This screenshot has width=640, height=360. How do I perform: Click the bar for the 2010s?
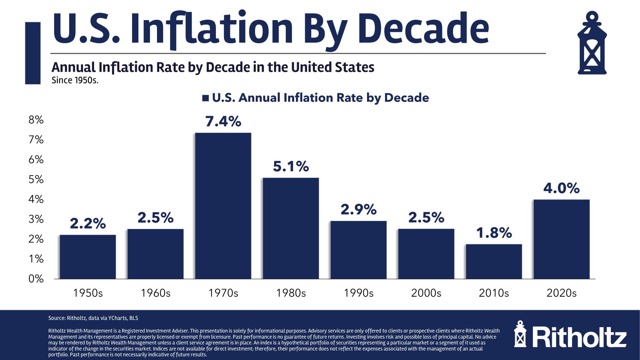point(494,261)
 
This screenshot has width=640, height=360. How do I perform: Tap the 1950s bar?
point(88,256)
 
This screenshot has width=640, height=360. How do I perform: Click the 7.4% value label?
point(223,121)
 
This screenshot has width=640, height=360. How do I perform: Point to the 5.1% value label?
point(291,166)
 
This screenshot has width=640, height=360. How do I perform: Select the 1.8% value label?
point(494,233)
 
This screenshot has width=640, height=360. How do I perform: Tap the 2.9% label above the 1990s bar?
point(359,209)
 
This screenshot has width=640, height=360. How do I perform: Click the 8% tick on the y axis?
point(36,120)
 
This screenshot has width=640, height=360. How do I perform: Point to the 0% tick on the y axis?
point(36,279)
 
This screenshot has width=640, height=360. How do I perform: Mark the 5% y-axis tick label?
point(36,179)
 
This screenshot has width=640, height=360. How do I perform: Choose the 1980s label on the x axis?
point(291,293)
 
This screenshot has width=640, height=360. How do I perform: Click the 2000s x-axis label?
point(426,293)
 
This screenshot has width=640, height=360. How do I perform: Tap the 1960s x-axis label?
point(156,293)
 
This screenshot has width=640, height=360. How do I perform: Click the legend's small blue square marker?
point(205,98)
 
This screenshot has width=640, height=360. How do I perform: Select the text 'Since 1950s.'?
point(75,80)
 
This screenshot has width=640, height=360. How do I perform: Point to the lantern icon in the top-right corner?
point(592,43)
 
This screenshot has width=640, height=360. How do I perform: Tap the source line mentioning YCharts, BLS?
point(93,318)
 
